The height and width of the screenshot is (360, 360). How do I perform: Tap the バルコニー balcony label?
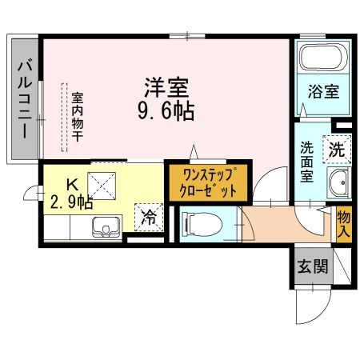[25, 98]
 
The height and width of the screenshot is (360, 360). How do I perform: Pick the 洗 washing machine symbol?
[337, 148]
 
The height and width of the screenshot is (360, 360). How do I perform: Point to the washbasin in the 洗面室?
[340, 184]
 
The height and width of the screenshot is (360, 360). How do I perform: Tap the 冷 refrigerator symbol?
[150, 214]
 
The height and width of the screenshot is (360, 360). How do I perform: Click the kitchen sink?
[103, 227]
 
